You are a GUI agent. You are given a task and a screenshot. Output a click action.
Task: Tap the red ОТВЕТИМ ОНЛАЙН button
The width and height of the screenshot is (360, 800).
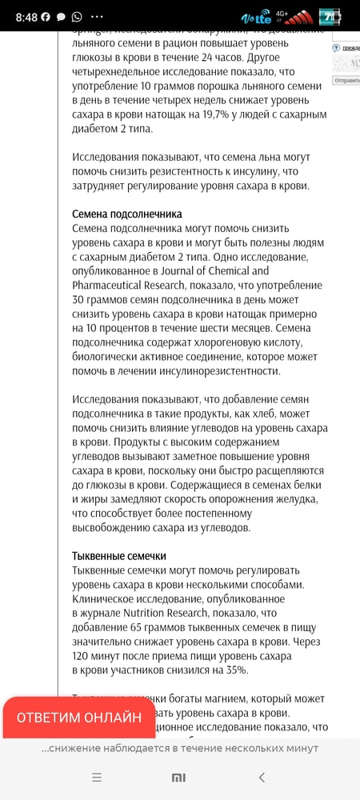pos(79,717)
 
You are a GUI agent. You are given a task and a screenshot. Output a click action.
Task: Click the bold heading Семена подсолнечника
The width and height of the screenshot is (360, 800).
pos(127,214)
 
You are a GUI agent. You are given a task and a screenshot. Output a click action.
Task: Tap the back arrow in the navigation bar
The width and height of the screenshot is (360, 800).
pos(262,777)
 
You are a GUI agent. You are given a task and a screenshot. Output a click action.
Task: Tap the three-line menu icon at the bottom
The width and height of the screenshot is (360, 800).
pos(97,777)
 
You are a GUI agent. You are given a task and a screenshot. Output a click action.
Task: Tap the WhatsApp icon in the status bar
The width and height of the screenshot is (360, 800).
pos(77,16)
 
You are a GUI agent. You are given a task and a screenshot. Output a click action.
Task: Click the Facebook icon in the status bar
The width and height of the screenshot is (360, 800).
pos(46,16)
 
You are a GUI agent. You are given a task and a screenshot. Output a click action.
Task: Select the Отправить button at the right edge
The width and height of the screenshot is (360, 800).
pos(347,81)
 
